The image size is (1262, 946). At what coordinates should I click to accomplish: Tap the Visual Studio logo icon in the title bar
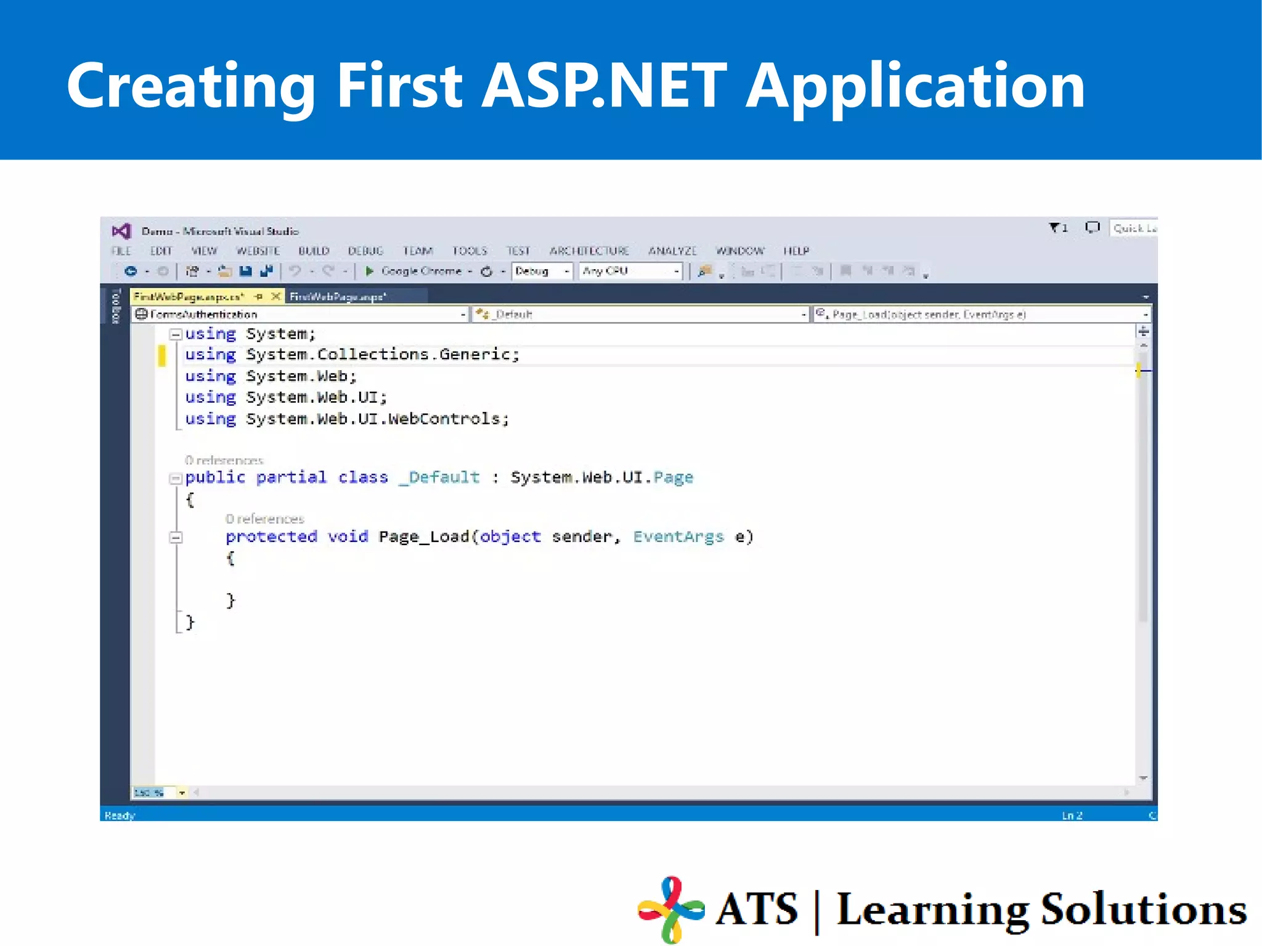[x=121, y=231]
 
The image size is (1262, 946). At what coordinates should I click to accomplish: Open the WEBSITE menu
[x=258, y=251]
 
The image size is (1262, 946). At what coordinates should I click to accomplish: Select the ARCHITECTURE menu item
[x=589, y=251]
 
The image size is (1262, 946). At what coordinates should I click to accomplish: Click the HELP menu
[x=796, y=251]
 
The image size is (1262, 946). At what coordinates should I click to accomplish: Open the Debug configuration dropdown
[x=542, y=271]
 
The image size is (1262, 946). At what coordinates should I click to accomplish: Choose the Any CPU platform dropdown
[x=630, y=271]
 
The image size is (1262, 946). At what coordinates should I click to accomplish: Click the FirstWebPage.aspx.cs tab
[x=189, y=297]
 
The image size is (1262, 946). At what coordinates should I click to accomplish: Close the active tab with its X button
[x=276, y=297]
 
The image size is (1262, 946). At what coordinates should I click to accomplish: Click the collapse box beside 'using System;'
[x=176, y=334]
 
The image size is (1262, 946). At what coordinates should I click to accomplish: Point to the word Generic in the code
[x=475, y=354]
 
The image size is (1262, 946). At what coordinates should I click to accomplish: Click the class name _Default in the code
[x=439, y=477]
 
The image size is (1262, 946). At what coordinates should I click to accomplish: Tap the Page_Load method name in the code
[x=424, y=536]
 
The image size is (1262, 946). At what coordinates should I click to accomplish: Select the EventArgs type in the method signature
[x=678, y=536]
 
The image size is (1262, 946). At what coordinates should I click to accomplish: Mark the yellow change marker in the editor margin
[x=162, y=355]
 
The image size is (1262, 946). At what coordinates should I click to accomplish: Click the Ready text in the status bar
[x=120, y=815]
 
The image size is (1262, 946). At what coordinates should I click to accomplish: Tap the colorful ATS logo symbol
[x=670, y=909]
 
